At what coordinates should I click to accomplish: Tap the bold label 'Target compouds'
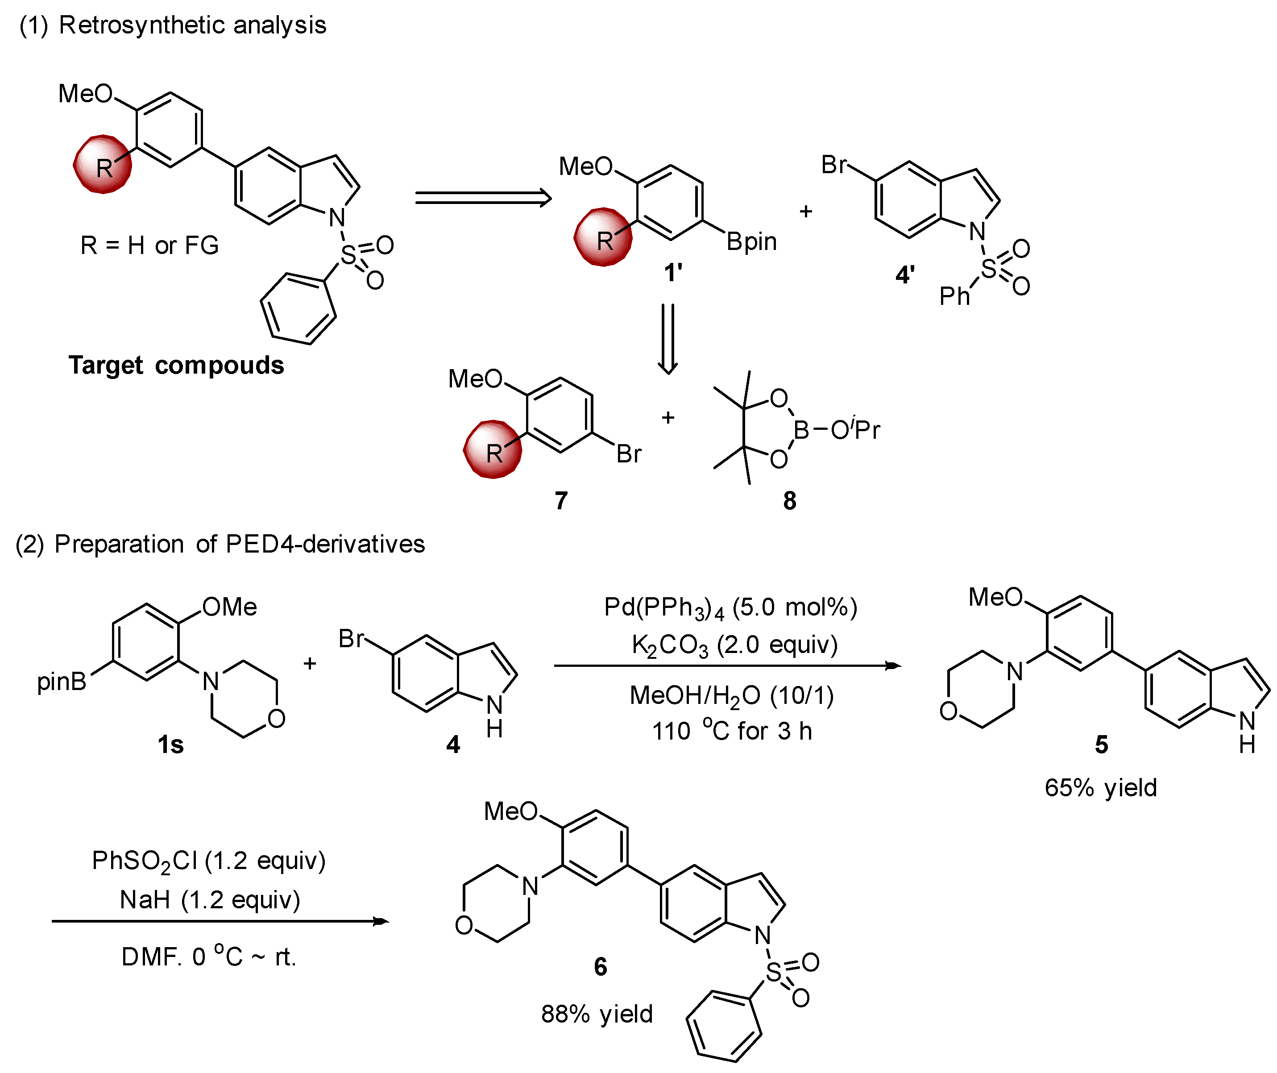[x=176, y=366]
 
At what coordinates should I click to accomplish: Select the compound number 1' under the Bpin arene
[x=673, y=273]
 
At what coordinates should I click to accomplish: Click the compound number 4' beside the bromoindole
[x=905, y=275]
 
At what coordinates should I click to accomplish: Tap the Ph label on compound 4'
[x=954, y=296]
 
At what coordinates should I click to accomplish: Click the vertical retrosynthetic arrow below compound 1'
[x=668, y=339]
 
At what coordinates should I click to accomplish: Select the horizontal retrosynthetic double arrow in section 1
[x=483, y=198]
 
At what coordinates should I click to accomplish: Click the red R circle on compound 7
[x=493, y=450]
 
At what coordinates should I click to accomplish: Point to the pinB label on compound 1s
[x=62, y=681]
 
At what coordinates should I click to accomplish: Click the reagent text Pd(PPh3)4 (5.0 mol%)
[x=730, y=607]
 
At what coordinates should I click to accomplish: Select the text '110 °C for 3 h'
[x=732, y=731]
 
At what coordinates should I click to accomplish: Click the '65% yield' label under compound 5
[x=1101, y=788]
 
